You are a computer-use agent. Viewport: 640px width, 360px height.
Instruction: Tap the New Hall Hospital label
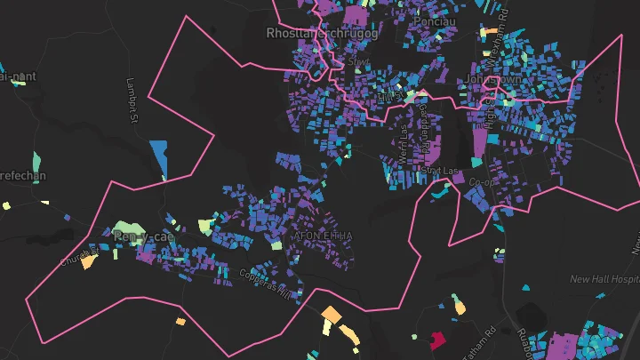(604, 279)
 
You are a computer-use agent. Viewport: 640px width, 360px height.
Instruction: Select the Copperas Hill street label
(265, 282)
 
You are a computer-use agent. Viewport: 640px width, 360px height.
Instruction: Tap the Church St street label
(74, 259)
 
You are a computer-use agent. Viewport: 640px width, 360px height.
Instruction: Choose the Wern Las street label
(404, 140)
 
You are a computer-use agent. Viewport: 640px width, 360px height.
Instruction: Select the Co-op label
(480, 181)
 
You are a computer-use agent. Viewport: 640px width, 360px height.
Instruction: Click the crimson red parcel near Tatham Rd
(436, 339)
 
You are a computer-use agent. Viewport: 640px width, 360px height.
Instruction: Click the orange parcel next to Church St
(87, 261)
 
